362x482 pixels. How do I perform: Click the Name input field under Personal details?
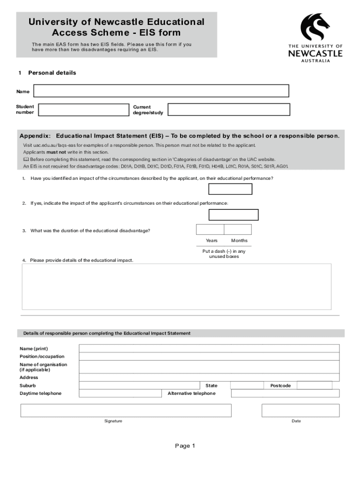point(161,91)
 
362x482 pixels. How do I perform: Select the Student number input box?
point(84,110)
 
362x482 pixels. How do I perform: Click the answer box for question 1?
point(230,189)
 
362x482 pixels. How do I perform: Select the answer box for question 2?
point(233,215)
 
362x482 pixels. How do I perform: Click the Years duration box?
point(210,229)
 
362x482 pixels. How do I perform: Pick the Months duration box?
point(238,229)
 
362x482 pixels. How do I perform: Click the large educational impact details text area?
point(177,286)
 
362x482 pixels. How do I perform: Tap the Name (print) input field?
point(209,348)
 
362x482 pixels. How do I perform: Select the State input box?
point(247,386)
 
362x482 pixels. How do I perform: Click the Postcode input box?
point(315,386)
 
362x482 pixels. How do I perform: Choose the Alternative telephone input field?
point(285,394)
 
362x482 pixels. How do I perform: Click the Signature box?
point(126,410)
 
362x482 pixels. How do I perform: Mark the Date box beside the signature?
point(300,410)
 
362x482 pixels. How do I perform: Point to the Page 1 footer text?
point(185,446)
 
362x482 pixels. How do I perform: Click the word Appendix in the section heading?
point(35,136)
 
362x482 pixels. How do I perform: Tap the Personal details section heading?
point(52,73)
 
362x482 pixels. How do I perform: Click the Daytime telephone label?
point(40,394)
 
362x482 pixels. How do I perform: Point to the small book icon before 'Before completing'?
point(26,159)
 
